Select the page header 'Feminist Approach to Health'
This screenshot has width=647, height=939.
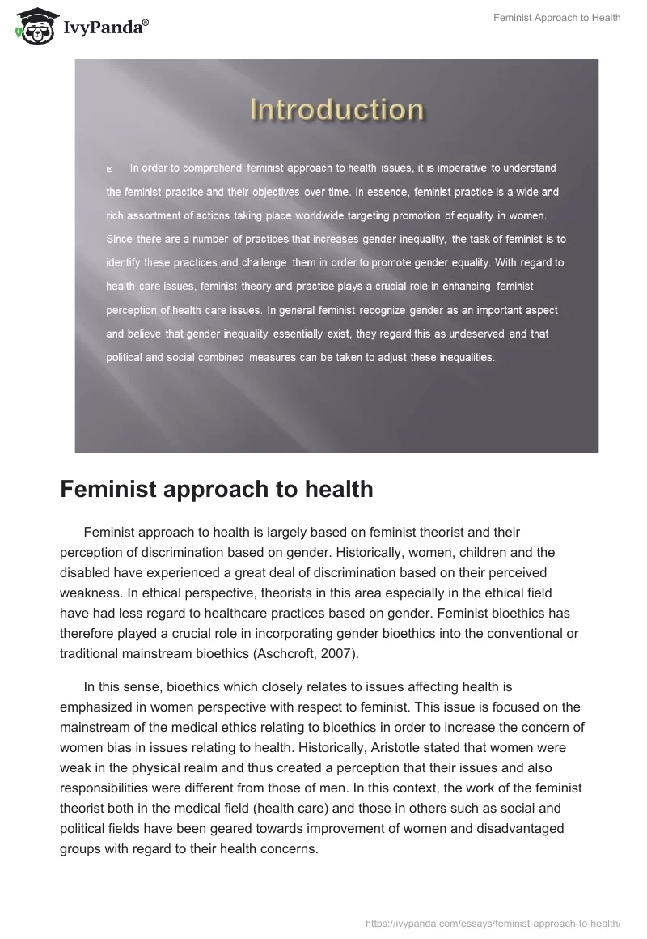point(556,17)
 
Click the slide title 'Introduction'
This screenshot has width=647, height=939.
point(336,110)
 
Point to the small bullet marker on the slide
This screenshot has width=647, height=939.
point(109,169)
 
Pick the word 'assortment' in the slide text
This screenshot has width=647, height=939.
point(152,216)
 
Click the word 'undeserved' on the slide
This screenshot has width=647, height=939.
point(478,333)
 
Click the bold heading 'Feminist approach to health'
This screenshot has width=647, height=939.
point(217,489)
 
